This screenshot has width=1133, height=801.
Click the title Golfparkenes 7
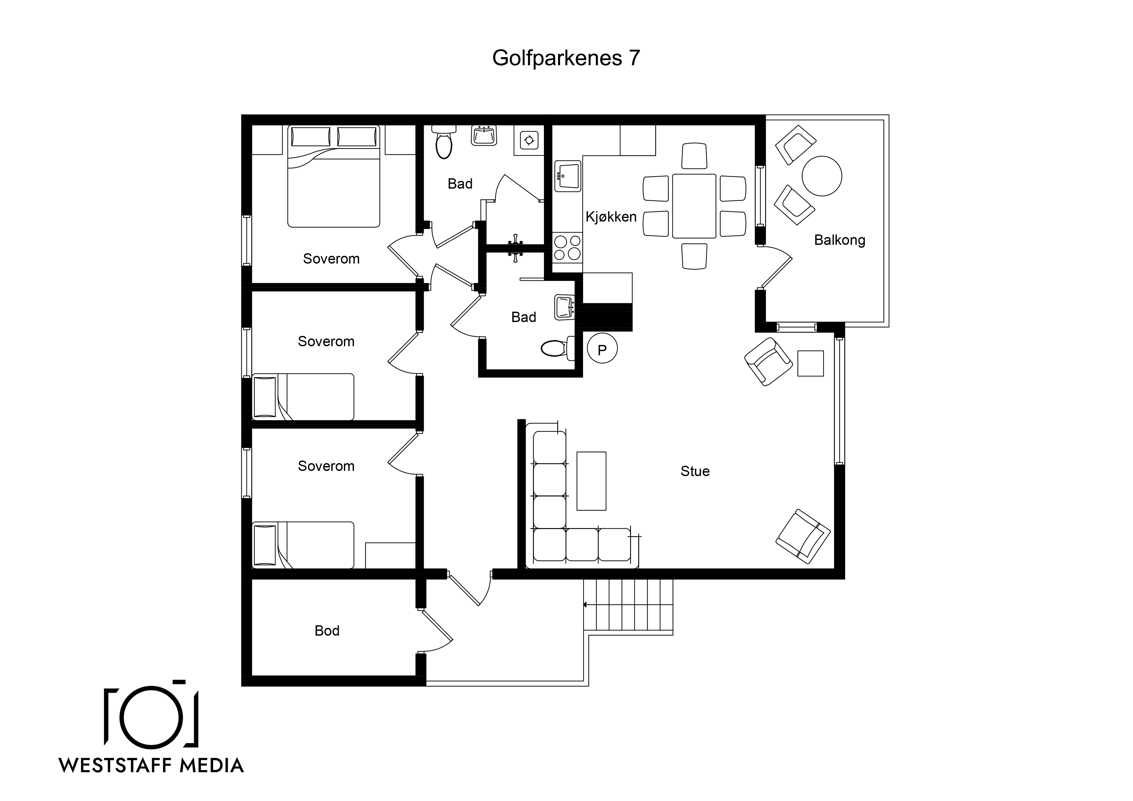point(566,58)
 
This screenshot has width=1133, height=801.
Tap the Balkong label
point(839,240)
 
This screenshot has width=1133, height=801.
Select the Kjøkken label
point(611,217)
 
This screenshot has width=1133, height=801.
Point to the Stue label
point(695,471)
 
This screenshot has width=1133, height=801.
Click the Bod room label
point(327,631)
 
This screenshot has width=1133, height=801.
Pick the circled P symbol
point(602,348)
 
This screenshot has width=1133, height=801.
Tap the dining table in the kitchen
point(694,206)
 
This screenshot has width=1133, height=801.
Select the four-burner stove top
point(567,248)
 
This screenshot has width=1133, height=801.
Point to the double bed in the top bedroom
point(334,176)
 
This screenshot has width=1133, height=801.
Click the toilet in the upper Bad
point(444,142)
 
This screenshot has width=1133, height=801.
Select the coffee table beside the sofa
point(591,481)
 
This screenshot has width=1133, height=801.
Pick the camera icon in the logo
point(151,713)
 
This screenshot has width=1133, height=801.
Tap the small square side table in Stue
point(810,363)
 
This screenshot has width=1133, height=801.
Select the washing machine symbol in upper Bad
point(529,140)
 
